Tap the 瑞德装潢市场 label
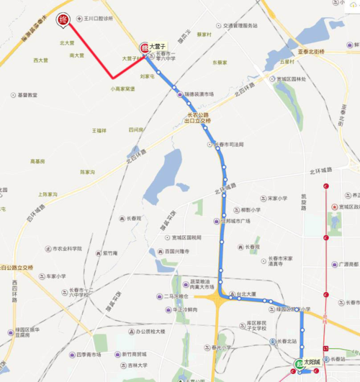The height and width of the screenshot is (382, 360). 198,94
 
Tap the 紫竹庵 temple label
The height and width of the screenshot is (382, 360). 109,253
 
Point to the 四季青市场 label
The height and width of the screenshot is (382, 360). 94,355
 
